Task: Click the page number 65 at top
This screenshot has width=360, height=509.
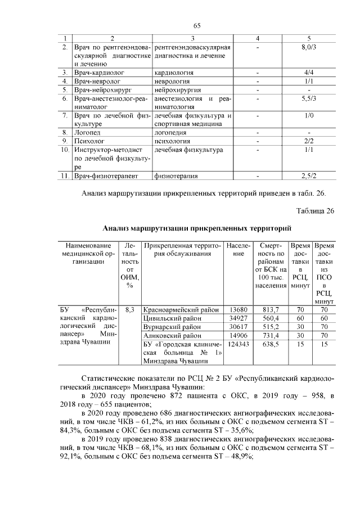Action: (x=197, y=25)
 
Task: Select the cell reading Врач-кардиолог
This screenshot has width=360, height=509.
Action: (x=100, y=73)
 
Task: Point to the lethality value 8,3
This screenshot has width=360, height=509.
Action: (x=129, y=309)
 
